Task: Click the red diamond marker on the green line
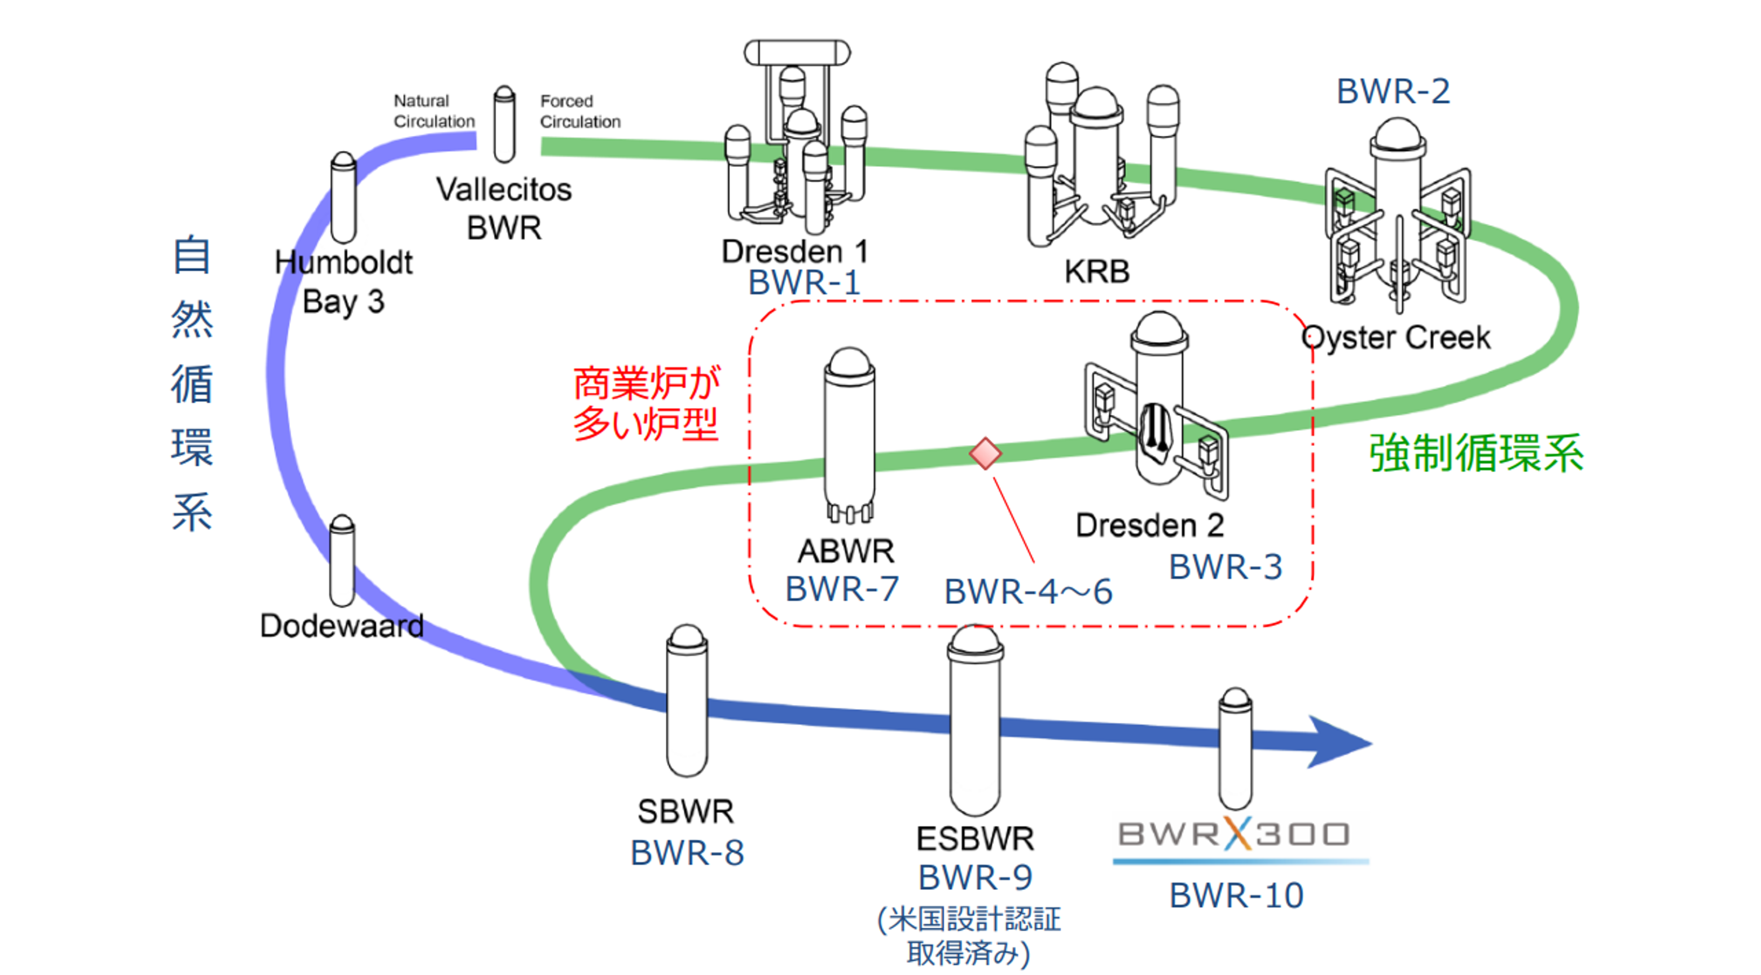click(985, 453)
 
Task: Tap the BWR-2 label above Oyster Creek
click(1393, 91)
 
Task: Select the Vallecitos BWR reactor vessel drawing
click(504, 125)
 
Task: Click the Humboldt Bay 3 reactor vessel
click(343, 197)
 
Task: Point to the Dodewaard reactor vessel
click(342, 561)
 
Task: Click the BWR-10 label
click(1236, 895)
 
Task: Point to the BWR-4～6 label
click(1027, 591)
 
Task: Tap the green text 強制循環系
click(1476, 453)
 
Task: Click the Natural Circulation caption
click(433, 111)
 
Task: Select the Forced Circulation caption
click(579, 111)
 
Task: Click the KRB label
click(1096, 272)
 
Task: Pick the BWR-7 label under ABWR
click(841, 589)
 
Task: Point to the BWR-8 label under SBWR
click(687, 853)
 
